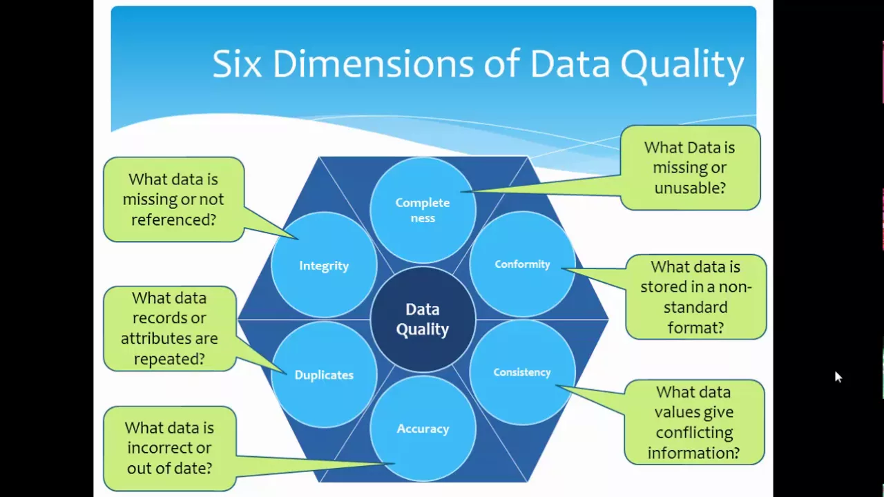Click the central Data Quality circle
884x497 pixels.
click(423, 320)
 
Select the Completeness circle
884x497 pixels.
click(423, 210)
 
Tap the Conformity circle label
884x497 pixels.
click(522, 264)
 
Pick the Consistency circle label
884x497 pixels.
click(522, 372)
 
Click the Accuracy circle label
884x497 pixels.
click(423, 429)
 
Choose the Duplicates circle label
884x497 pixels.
click(324, 375)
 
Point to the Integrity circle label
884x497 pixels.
click(324, 266)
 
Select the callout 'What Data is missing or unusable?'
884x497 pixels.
click(689, 168)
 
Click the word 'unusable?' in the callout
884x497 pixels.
click(689, 188)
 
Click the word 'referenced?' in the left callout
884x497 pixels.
click(173, 220)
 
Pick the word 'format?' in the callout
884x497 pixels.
click(695, 328)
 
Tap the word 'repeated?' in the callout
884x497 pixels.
click(169, 359)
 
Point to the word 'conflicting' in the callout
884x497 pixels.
click(694, 433)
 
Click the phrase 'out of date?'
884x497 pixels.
click(169, 468)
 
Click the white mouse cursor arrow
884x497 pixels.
click(838, 377)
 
